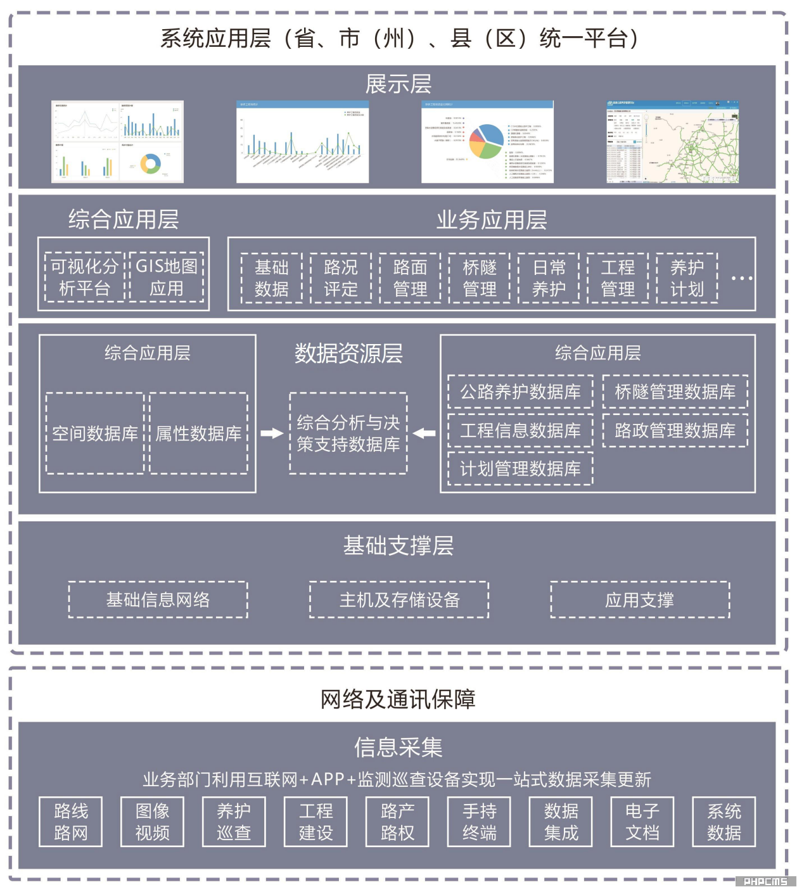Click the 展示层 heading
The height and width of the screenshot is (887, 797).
[398, 84]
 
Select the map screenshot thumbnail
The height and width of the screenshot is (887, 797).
[672, 142]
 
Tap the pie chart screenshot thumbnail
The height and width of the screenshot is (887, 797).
[487, 142]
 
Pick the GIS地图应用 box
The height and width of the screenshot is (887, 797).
[167, 278]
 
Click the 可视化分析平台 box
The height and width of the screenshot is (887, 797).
[85, 278]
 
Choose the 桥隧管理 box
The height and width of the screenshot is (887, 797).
[480, 278]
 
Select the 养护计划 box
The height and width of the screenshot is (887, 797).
[687, 278]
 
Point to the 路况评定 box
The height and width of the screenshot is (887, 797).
[341, 278]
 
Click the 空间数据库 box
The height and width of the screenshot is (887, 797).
[95, 433]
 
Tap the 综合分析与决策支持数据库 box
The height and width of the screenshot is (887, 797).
[348, 433]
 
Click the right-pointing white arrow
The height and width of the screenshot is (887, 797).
[272, 433]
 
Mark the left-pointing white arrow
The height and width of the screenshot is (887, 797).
[424, 433]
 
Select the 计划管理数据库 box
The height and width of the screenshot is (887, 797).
[520, 469]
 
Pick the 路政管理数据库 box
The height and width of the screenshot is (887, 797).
[675, 431]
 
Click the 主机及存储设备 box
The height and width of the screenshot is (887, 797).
[399, 599]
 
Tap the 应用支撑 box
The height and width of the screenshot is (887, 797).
[640, 599]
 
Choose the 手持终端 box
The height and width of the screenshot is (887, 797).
[480, 822]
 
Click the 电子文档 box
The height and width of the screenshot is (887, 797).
[642, 822]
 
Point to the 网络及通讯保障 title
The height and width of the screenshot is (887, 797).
[398, 699]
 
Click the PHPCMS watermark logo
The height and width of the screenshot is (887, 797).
[765, 881]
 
